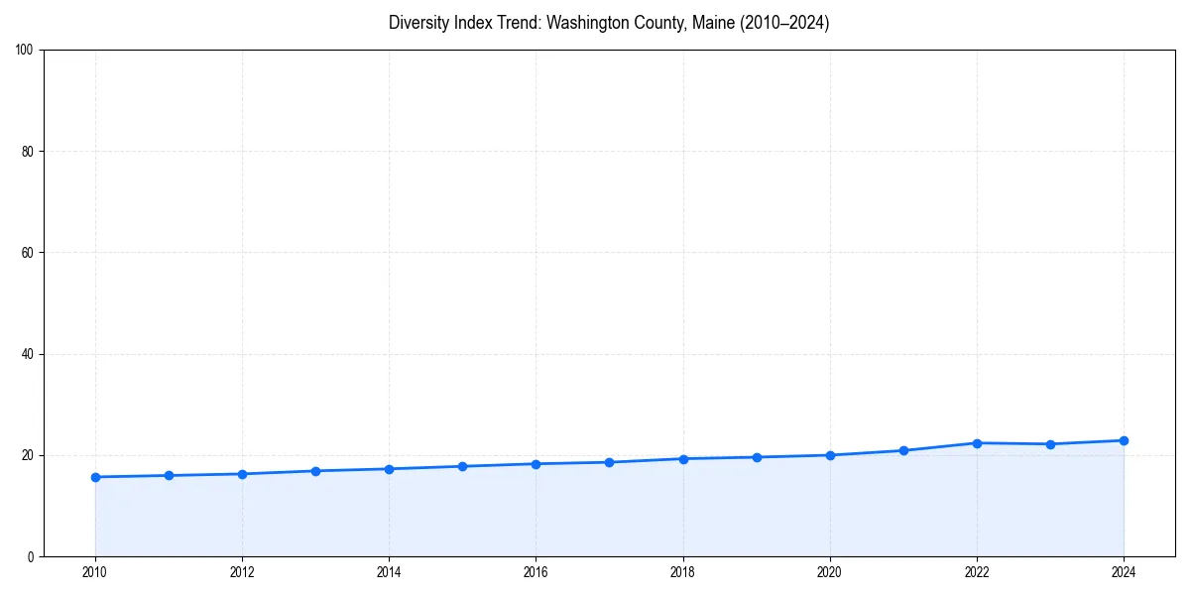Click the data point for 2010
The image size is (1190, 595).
tap(95, 477)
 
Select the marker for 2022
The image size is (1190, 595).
tap(977, 443)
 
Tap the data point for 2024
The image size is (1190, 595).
tap(1124, 440)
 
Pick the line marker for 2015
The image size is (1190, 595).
tap(462, 466)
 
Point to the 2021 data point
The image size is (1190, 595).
tap(903, 450)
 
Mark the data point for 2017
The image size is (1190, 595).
tap(609, 462)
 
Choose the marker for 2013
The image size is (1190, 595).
tap(315, 471)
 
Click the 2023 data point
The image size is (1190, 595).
tap(1050, 444)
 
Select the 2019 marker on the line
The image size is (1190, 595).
tap(757, 457)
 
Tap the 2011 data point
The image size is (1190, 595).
tap(169, 475)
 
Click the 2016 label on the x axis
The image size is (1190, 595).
tap(535, 572)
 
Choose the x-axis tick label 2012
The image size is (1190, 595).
tap(242, 572)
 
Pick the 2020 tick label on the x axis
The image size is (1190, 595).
tap(830, 572)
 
